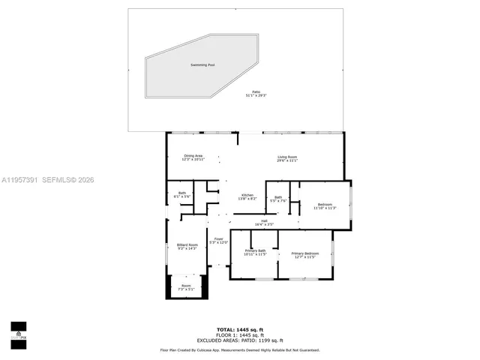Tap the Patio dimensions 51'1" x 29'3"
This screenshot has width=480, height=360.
coord(256,96)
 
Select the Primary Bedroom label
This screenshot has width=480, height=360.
coord(305,253)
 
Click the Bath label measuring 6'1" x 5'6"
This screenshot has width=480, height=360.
coord(181,193)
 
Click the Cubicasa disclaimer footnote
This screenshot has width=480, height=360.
coord(239,350)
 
